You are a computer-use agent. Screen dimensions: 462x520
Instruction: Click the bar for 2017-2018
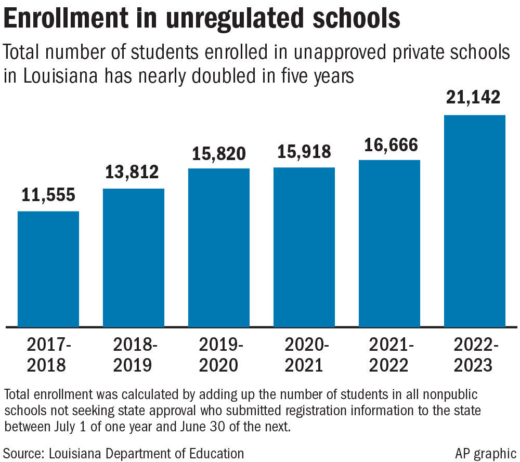click(x=48, y=269)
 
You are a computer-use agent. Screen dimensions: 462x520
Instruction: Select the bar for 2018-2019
click(x=134, y=257)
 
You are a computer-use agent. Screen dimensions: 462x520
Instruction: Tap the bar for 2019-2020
click(x=219, y=247)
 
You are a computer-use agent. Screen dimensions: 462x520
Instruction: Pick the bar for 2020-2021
click(x=304, y=247)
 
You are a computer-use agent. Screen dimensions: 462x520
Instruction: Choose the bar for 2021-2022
click(x=389, y=243)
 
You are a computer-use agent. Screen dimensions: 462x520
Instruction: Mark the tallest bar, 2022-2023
click(x=474, y=221)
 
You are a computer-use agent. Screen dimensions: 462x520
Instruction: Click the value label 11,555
click(x=48, y=195)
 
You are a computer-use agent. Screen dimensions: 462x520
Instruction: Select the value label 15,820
click(x=219, y=153)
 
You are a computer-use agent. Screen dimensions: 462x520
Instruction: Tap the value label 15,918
click(x=304, y=151)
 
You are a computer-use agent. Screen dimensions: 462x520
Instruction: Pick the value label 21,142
click(x=474, y=97)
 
